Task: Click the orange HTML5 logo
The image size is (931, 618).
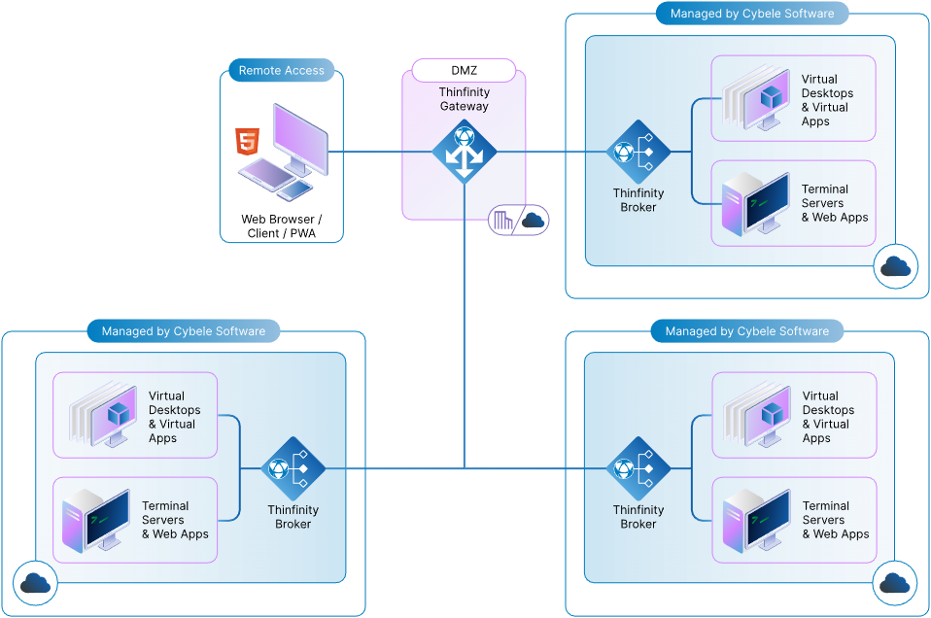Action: [x=248, y=142]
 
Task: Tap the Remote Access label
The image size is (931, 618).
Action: [x=281, y=70]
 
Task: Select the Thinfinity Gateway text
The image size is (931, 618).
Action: [x=464, y=99]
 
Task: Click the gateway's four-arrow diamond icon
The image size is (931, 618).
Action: [x=464, y=152]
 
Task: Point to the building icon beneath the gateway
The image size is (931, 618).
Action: [x=503, y=221]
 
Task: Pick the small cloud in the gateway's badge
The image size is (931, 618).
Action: [x=533, y=221]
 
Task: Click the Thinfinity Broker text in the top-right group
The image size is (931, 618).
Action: [x=638, y=200]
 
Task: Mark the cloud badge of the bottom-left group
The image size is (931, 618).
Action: [x=35, y=583]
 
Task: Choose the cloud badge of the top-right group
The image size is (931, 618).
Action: [x=894, y=267]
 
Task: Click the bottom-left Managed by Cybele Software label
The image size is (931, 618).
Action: [x=183, y=331]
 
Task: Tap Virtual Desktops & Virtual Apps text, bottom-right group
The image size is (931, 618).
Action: [x=828, y=417]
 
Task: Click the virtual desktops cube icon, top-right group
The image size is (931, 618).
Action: [x=772, y=96]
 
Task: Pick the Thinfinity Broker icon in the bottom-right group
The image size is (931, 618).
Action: [x=638, y=468]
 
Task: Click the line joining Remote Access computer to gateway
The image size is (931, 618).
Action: [x=369, y=152]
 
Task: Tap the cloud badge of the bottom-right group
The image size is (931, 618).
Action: [x=894, y=583]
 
